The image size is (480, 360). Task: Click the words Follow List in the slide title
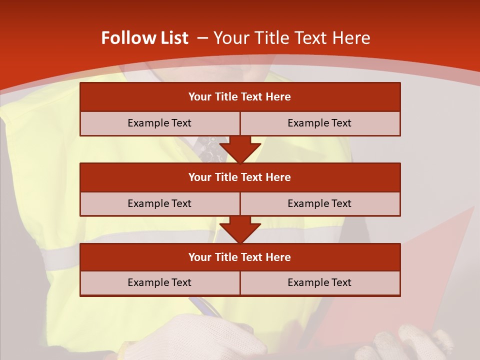144,38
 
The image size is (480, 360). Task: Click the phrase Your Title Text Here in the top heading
292,38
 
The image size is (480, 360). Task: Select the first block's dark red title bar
240,97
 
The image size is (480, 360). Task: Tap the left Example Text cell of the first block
159,123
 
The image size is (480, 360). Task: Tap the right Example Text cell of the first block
319,123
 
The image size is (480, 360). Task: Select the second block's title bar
240,177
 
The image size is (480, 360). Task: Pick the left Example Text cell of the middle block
159,203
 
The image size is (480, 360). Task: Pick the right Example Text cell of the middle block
319,203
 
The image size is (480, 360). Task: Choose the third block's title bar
240,257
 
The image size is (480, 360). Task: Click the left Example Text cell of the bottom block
159,282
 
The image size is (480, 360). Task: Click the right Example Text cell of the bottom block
319,282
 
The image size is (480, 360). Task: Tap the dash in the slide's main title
202,38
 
